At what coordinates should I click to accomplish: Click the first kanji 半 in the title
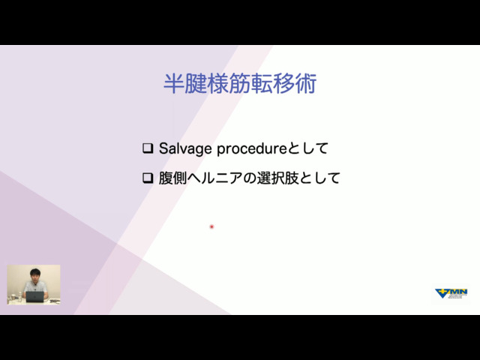coord(174,83)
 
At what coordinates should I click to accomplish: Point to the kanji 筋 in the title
coord(240,83)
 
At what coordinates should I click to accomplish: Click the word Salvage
coord(185,149)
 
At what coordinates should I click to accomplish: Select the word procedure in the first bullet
coord(252,149)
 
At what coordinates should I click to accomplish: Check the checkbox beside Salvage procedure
coord(148,148)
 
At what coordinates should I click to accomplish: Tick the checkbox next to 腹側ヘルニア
coord(148,178)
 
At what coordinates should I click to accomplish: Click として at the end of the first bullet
coord(308,148)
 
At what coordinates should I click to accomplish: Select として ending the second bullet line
coord(319,178)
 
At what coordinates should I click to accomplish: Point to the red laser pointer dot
coord(211,226)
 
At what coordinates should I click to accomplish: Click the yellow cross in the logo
coord(442,292)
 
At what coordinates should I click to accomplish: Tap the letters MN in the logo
coord(458,292)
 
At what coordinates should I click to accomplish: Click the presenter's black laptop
coord(34,297)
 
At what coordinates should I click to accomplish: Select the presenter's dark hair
coord(35,271)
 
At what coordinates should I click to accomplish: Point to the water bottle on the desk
coord(20,297)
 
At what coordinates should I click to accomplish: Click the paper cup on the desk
coord(13,298)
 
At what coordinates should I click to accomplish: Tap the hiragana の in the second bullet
coord(250,178)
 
